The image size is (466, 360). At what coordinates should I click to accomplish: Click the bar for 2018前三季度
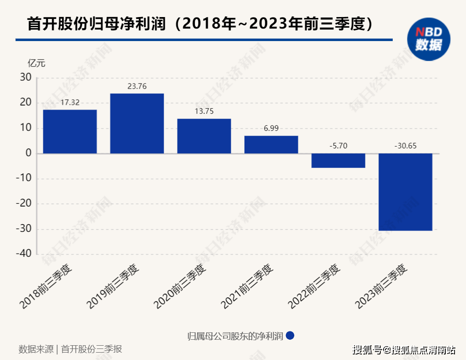70,131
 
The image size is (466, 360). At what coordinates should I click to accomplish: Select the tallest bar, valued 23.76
137,124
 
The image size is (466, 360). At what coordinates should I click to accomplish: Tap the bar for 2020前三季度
204,136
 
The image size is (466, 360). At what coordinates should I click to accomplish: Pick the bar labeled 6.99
271,144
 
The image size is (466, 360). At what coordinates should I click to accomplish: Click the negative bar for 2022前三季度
338,160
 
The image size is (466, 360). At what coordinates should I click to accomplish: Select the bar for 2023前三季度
405,192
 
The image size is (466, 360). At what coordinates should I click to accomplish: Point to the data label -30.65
405,146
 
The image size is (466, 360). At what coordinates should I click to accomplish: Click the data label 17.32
70,103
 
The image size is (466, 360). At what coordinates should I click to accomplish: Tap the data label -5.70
338,146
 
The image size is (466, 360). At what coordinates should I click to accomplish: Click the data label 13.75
204,112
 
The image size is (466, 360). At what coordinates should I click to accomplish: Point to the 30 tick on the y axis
26,78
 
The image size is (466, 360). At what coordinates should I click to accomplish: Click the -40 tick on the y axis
24,254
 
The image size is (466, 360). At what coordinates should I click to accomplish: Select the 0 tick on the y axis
29,153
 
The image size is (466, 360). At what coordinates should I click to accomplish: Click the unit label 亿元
36,64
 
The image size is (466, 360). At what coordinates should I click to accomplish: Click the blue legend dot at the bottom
290,336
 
